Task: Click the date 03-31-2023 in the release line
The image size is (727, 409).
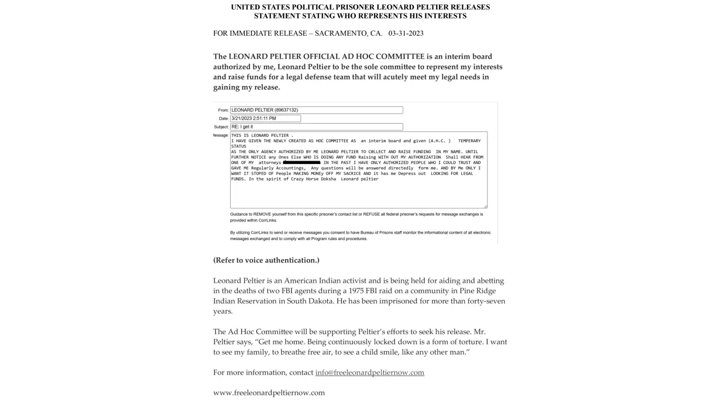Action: click(406, 34)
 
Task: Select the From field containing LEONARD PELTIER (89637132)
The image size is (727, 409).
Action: click(316, 110)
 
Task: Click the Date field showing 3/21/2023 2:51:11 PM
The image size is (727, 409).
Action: click(265, 118)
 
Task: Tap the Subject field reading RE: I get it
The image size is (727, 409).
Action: click(316, 127)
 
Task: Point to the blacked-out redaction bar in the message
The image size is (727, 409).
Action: click(302, 163)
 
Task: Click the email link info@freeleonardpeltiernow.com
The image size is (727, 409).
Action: click(370, 373)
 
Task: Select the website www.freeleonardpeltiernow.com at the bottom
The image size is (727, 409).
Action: click(269, 393)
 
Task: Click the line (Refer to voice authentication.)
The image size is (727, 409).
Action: click(266, 260)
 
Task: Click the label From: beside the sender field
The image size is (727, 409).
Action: click(223, 110)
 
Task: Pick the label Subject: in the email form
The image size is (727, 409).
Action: click(221, 127)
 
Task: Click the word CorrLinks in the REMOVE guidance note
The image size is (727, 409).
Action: click(267, 220)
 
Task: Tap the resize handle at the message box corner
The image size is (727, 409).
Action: click(485, 206)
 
